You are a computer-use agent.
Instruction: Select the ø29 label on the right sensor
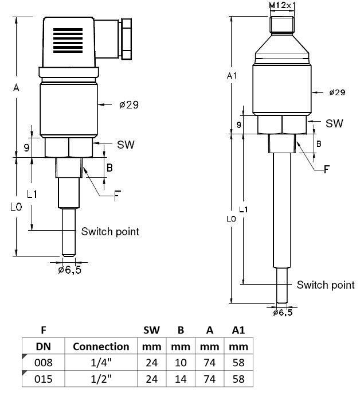[337, 92]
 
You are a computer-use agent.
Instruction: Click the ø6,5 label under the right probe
[283, 313]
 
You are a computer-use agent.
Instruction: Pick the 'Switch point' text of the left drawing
[110, 231]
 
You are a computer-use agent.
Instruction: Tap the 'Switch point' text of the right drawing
[325, 285]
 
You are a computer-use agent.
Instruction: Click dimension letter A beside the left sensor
[16, 88]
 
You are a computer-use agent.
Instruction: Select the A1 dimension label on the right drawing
[232, 76]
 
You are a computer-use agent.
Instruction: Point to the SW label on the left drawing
[126, 144]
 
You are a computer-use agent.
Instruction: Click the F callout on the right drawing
[327, 169]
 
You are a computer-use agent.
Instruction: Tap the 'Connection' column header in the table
[101, 347]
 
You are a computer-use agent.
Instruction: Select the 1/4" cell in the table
[101, 363]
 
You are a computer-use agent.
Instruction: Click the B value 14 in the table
[180, 379]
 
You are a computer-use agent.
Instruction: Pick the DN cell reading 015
[44, 379]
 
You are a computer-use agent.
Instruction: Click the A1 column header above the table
[238, 330]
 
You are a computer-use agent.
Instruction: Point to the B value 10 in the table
[180, 363]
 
